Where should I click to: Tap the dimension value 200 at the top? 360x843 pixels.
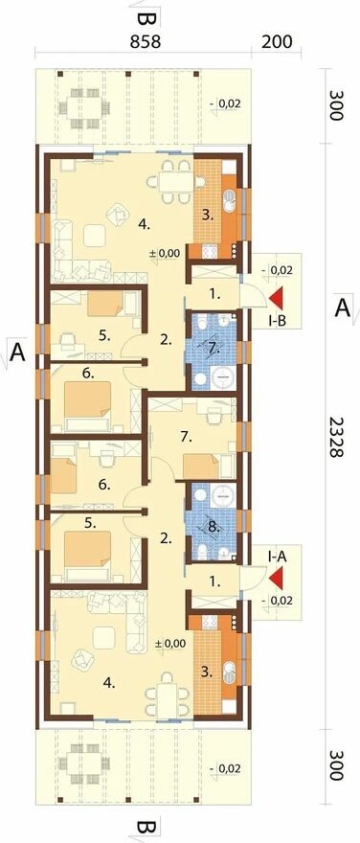[278, 42]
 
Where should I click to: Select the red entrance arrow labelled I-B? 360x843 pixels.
[278, 298]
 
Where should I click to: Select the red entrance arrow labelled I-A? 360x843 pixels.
[278, 578]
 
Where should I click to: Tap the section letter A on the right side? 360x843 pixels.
[342, 308]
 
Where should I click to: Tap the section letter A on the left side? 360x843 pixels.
[18, 353]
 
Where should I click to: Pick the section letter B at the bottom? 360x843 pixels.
[147, 827]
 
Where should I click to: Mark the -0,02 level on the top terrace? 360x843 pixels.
[225, 104]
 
